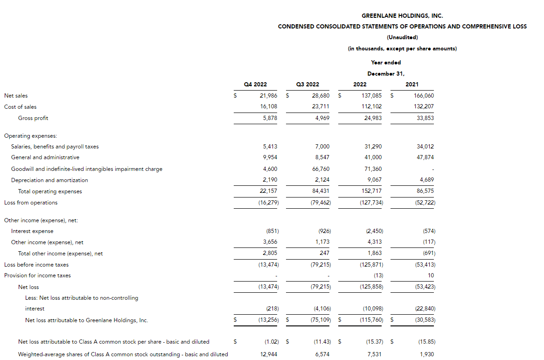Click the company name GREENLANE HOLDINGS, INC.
[402, 16]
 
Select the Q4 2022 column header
[255, 85]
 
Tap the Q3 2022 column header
[307, 85]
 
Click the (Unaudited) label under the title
[402, 37]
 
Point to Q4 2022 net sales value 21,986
[268, 96]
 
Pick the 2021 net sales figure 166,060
[424, 96]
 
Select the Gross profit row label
[33, 118]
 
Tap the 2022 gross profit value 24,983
[372, 118]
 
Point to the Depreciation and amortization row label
[49, 180]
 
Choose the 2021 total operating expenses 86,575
[424, 191]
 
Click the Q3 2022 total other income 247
[325, 253]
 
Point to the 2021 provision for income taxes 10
[431, 275]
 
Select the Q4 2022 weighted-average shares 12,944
[268, 354]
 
